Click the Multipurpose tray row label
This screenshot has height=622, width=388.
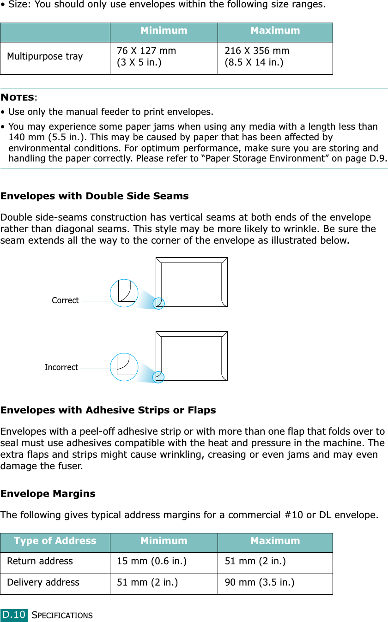pyautogui.click(x=45, y=57)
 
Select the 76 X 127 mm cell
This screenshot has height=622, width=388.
pyautogui.click(x=146, y=51)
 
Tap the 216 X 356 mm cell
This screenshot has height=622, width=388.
pyautogui.click(x=257, y=51)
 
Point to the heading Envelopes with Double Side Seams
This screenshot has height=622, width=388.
pyautogui.click(x=95, y=196)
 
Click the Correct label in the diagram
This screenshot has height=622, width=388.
pyautogui.click(x=65, y=300)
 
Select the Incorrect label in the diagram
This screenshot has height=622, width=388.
pyautogui.click(x=61, y=367)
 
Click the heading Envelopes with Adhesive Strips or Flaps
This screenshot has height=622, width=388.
pyautogui.click(x=108, y=410)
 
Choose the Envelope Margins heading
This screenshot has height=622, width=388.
pyautogui.click(x=48, y=494)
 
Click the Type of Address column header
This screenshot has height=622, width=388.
pyautogui.click(x=55, y=541)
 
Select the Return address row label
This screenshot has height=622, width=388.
pyautogui.click(x=40, y=562)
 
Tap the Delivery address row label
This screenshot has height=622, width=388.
pyautogui.click(x=43, y=583)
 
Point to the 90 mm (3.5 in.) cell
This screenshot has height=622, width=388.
pyautogui.click(x=260, y=583)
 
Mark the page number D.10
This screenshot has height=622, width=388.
pyautogui.click(x=14, y=615)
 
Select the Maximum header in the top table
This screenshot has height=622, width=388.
pyautogui.click(x=275, y=30)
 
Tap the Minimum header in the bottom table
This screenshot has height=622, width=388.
pyautogui.click(x=164, y=541)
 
